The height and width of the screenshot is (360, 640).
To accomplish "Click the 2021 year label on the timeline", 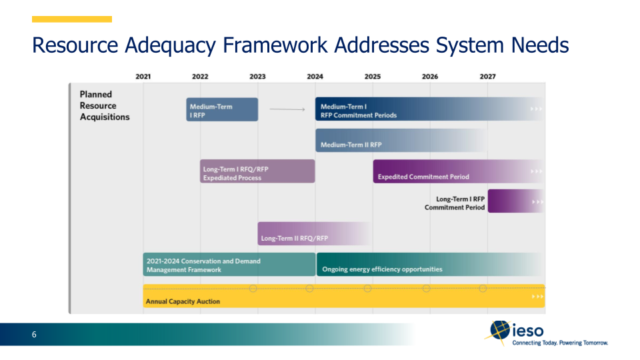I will [x=143, y=77].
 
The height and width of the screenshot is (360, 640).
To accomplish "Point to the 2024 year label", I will [x=315, y=77].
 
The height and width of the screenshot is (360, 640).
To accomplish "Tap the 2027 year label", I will [x=487, y=77].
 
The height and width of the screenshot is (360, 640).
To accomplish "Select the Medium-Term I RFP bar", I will [x=222, y=109].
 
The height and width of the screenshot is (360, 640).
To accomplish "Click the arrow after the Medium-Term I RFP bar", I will [x=287, y=109].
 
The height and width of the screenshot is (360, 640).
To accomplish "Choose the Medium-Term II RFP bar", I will [x=400, y=141].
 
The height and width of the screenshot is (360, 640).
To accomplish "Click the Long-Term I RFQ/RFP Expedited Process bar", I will [x=257, y=171].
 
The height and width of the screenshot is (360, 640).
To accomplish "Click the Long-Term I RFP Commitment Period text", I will [x=455, y=203].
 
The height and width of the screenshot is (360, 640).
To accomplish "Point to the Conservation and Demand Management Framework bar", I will [x=229, y=265].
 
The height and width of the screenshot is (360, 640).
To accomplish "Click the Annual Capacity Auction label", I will [x=183, y=301].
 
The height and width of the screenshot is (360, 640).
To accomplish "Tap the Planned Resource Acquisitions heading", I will [x=105, y=105].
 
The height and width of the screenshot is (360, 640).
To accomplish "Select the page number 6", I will [x=34, y=335].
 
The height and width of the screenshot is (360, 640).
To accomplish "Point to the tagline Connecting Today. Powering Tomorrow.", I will [x=560, y=343].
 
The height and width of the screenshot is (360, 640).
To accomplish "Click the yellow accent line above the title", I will [x=72, y=19].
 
